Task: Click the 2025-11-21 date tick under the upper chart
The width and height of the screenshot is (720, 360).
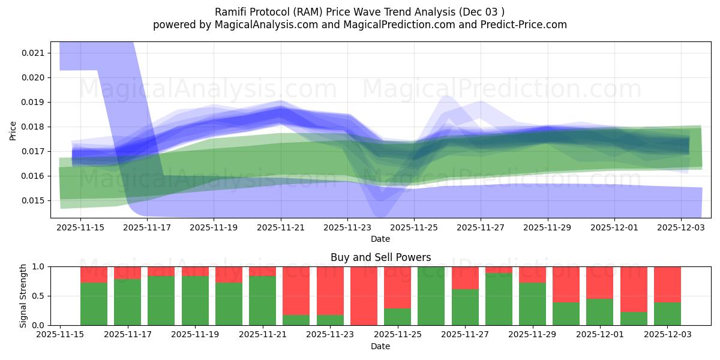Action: point(281,228)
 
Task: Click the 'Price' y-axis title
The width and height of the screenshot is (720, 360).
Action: point(13,130)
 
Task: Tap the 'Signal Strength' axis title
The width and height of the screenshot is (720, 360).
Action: point(23,296)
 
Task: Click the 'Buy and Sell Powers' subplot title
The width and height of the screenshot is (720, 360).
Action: point(380,257)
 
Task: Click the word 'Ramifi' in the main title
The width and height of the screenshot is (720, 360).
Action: point(230,12)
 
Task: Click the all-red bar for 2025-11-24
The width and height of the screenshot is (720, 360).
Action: point(364,296)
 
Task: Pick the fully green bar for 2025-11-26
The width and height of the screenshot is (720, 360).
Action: point(431,296)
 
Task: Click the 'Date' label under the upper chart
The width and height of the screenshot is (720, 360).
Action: point(380,239)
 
